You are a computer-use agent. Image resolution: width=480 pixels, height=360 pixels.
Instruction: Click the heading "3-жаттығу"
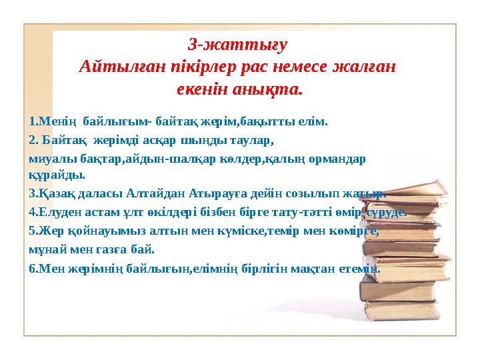(x=238, y=46)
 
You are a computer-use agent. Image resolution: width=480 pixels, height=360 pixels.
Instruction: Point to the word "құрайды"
(x=57, y=175)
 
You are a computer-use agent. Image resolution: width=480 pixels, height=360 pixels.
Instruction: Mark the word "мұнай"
(x=47, y=250)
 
